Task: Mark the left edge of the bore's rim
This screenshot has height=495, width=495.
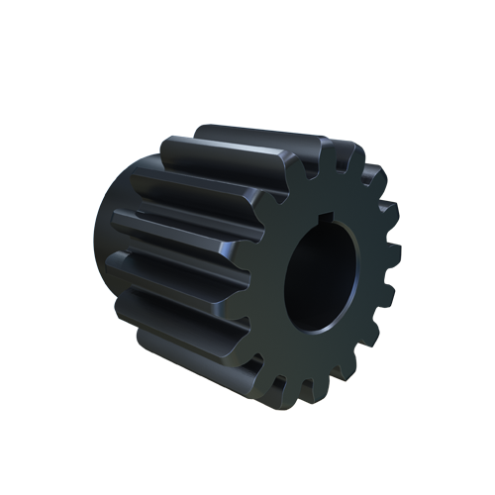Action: [285, 277]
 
